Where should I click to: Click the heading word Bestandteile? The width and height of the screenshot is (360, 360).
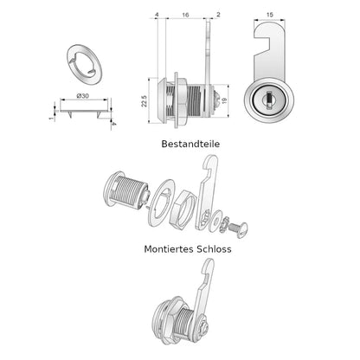click(x=190, y=144)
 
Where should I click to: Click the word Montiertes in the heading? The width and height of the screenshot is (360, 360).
click(x=169, y=248)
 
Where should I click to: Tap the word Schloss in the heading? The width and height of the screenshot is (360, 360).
click(x=214, y=248)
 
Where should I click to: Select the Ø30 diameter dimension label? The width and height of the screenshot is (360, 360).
click(x=83, y=96)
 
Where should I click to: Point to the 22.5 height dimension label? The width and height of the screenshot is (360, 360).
click(x=145, y=101)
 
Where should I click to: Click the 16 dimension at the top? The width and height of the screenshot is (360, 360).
click(x=185, y=15)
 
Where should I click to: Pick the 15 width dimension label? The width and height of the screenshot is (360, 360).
click(x=269, y=15)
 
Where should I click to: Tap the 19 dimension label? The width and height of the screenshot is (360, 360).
click(x=224, y=101)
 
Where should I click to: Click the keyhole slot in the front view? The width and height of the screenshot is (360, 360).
click(x=269, y=100)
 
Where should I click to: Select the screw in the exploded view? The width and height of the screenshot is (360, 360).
click(x=238, y=229)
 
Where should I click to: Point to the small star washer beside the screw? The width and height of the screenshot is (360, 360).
click(x=225, y=224)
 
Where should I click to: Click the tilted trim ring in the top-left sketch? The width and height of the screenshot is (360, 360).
click(x=85, y=65)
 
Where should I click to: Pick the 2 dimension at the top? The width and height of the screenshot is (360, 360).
click(x=218, y=15)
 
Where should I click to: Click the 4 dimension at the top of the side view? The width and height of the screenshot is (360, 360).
click(x=157, y=15)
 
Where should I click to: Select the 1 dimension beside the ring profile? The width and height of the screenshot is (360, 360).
click(x=52, y=118)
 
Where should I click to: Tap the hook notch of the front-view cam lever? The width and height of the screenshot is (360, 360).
click(x=262, y=44)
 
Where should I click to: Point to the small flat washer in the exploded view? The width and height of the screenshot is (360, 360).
click(x=215, y=221)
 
